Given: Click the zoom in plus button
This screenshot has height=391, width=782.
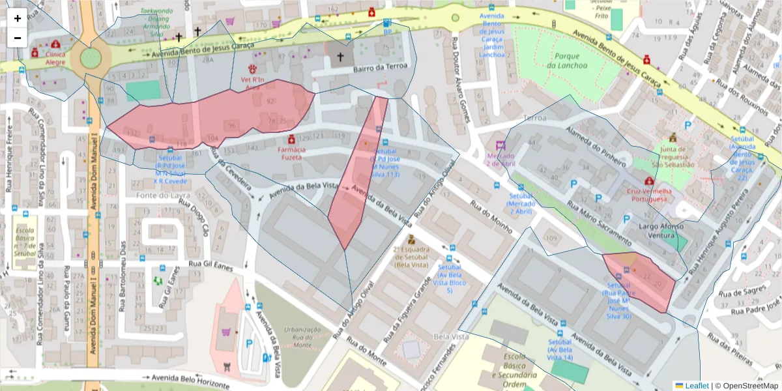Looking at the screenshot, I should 18,18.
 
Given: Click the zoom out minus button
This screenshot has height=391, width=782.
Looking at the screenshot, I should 18,38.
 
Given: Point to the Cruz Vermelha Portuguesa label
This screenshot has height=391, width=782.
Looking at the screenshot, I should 648,195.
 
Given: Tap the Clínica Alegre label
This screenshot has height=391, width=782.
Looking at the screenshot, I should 55,58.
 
